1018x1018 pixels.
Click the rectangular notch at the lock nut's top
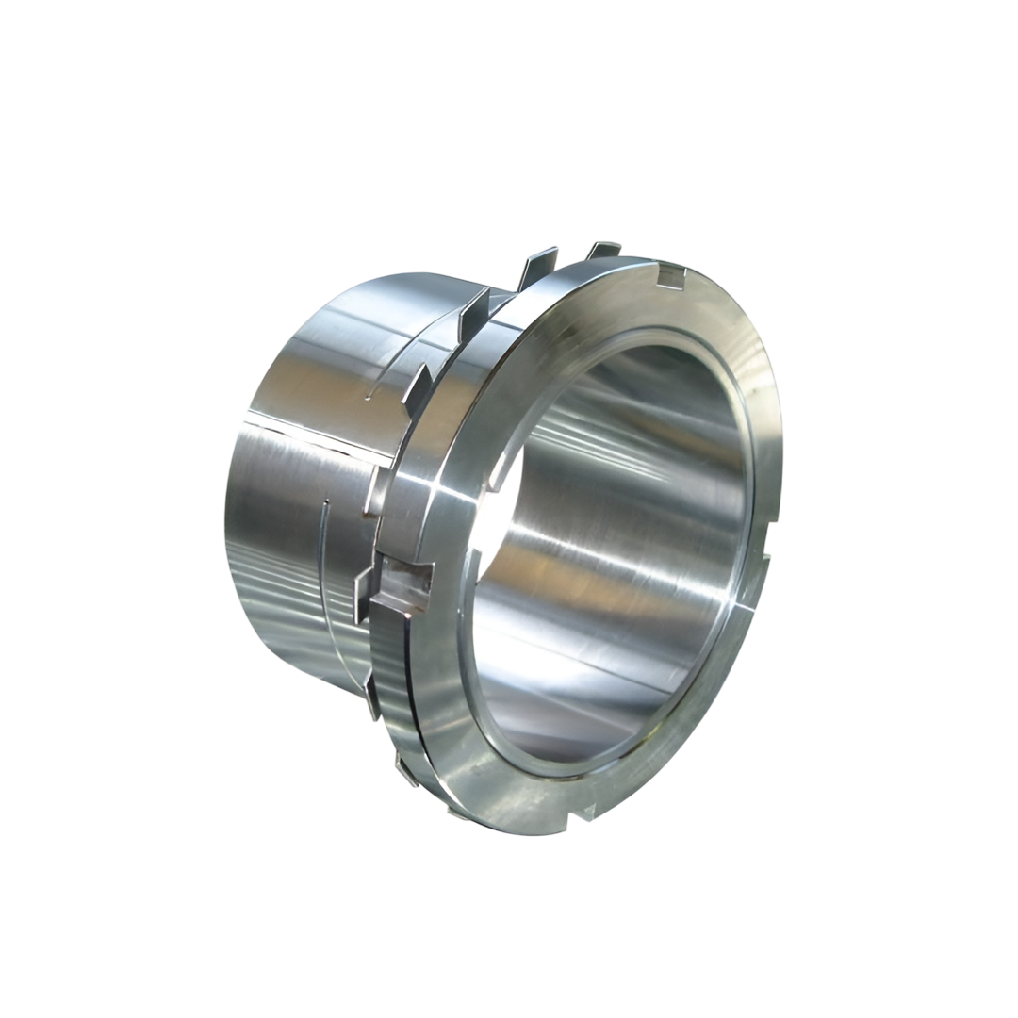click(670, 275)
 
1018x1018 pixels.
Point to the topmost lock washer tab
click(603, 250)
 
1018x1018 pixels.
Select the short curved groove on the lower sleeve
click(323, 547)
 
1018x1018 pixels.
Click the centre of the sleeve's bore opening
click(613, 556)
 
